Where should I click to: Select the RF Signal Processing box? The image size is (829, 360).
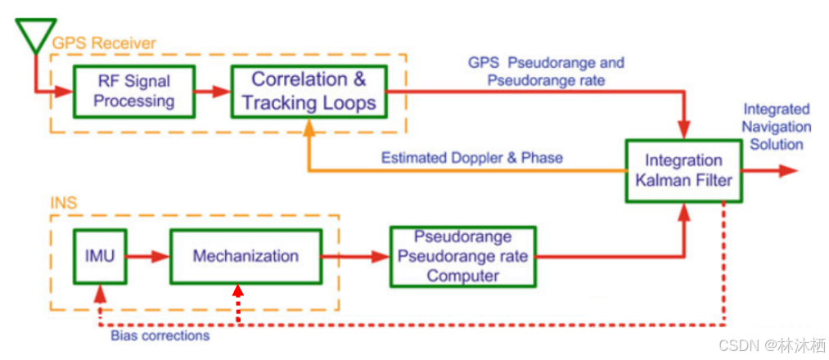pyautogui.click(x=134, y=90)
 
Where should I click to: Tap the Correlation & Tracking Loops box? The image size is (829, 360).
pyautogui.click(x=309, y=91)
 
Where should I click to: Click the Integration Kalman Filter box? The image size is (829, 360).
pyautogui.click(x=683, y=170)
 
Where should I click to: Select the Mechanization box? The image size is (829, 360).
pyautogui.click(x=246, y=256)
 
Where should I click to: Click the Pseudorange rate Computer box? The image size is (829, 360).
pyautogui.click(x=462, y=256)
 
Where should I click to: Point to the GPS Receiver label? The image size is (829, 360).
pyautogui.click(x=104, y=43)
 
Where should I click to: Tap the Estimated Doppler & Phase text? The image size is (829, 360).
pyautogui.click(x=471, y=157)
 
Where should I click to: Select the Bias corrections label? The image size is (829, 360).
pyautogui.click(x=160, y=335)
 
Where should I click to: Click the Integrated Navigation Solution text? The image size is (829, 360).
pyautogui.click(x=776, y=127)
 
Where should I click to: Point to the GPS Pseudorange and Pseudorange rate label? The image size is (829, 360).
pyautogui.click(x=546, y=71)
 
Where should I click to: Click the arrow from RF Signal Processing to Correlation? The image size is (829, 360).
pyautogui.click(x=214, y=91)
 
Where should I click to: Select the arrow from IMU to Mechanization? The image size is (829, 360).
pyautogui.click(x=147, y=256)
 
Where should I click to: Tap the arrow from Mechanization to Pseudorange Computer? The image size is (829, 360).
pyautogui.click(x=355, y=256)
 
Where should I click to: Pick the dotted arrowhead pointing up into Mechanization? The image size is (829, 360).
pyautogui.click(x=237, y=291)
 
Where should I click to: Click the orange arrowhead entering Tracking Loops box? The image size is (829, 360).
pyautogui.click(x=309, y=126)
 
